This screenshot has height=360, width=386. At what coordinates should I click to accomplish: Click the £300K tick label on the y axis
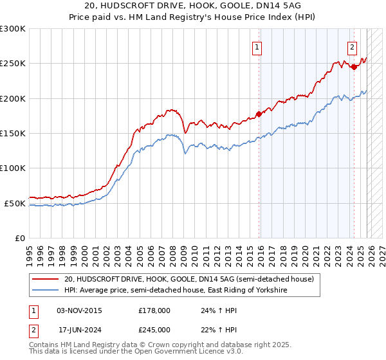pyautogui.click(x=13, y=29)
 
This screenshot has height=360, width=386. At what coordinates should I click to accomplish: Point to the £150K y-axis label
pyautogui.click(x=13, y=134)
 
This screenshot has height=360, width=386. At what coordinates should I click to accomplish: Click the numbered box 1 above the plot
pyautogui.click(x=257, y=46)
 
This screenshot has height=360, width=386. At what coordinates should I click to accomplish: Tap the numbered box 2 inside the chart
pyautogui.click(x=353, y=46)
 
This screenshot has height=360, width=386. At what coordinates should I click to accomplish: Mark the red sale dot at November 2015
pyautogui.click(x=259, y=114)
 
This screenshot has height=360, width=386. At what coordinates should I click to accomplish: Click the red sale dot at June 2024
pyautogui.click(x=354, y=67)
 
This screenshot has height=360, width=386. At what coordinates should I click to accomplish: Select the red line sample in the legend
pyautogui.click(x=45, y=280)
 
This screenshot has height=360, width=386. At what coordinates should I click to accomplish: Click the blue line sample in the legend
pyautogui.click(x=45, y=291)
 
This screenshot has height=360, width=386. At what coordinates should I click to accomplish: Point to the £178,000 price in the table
pyautogui.click(x=154, y=310)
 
